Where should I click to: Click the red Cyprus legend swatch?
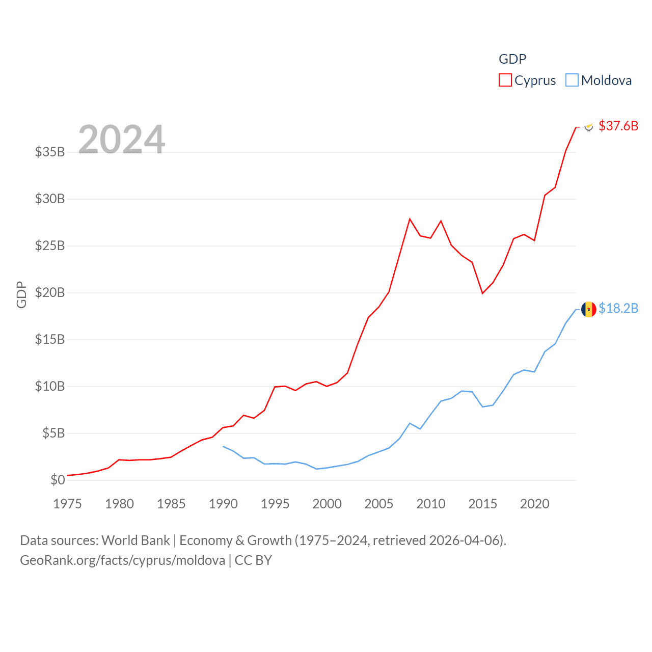pyautogui.click(x=505, y=80)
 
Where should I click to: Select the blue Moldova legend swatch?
pyautogui.click(x=572, y=80)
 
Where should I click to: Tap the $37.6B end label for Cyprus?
pyautogui.click(x=618, y=126)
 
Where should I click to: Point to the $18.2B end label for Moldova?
pyautogui.click(x=618, y=308)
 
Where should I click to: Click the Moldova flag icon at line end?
pyautogui.click(x=589, y=309)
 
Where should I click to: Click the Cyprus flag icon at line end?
pyautogui.click(x=589, y=127)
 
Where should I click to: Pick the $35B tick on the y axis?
pyautogui.click(x=50, y=152)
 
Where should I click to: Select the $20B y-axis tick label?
pyautogui.click(x=50, y=292)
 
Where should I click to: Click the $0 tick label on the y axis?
pyautogui.click(x=58, y=480)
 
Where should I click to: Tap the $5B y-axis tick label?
pyautogui.click(x=53, y=433)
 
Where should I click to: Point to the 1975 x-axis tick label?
pyautogui.click(x=67, y=504)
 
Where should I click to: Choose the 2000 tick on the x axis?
pyautogui.click(x=327, y=504)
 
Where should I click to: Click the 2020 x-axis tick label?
pyautogui.click(x=535, y=504)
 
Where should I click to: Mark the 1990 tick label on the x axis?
pyautogui.click(x=223, y=504)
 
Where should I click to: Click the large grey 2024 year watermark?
pyautogui.click(x=121, y=139)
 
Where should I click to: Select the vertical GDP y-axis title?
pyautogui.click(x=21, y=294)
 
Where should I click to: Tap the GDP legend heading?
pyautogui.click(x=512, y=59)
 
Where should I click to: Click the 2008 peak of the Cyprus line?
pyautogui.click(x=410, y=219)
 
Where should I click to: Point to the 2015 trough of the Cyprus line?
pyautogui.click(x=482, y=293)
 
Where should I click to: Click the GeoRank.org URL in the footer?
pyautogui.click(x=122, y=560)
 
